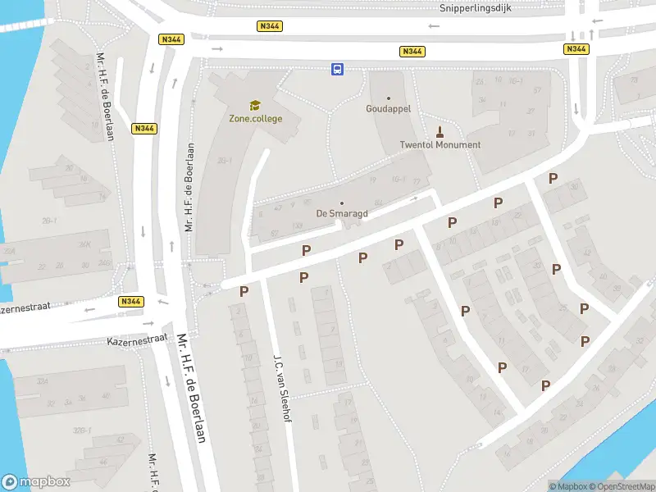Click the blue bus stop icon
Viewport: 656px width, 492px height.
pos(337,70)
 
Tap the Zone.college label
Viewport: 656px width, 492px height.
pos(255,119)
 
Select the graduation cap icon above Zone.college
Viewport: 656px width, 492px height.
pos(255,105)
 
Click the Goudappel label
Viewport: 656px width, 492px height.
pos(388,108)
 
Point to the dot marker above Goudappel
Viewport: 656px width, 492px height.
pos(389,98)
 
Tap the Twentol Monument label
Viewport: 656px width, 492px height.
pos(440,145)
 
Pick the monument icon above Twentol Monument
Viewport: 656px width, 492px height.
pos(440,131)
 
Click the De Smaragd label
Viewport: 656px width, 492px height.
pos(342,213)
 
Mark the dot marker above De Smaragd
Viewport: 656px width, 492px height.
pos(342,203)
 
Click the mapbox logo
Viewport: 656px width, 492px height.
pos(37,482)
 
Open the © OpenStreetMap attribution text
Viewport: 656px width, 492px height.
pos(620,486)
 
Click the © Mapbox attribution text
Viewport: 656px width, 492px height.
pos(569,486)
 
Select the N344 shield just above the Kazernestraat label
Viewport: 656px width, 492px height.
pos(131,302)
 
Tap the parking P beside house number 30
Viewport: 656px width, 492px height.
pos(553,178)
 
